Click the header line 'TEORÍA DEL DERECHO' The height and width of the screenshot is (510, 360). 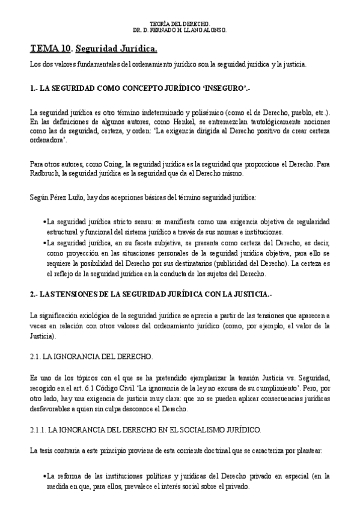[180, 23]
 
